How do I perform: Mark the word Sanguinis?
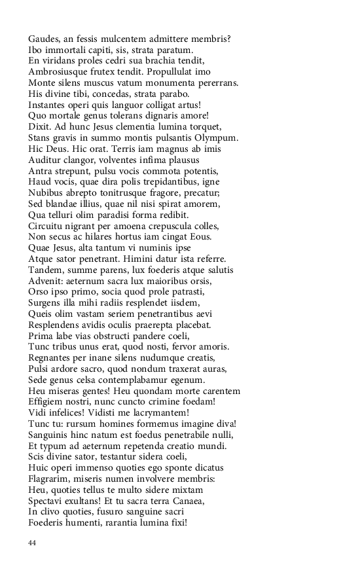[51, 435]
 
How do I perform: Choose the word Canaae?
[187, 501]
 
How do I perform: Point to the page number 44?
[33, 543]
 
